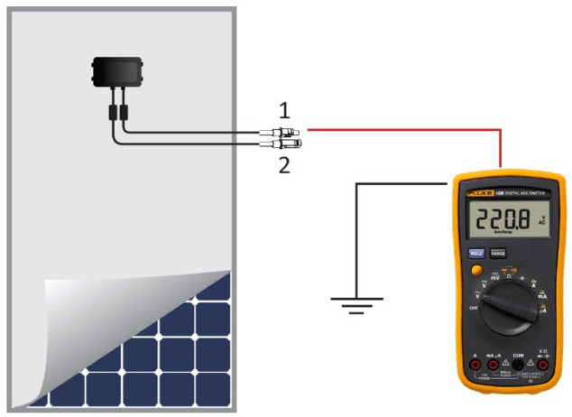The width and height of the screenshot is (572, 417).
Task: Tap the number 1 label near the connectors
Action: pyautogui.click(x=284, y=111)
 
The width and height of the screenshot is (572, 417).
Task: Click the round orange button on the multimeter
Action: pyautogui.click(x=475, y=271)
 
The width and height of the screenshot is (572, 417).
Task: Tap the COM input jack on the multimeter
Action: pyautogui.click(x=518, y=366)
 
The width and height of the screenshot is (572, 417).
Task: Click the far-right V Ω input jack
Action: pyautogui.click(x=540, y=366)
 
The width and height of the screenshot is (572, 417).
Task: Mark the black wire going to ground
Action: pyautogui.click(x=358, y=235)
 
